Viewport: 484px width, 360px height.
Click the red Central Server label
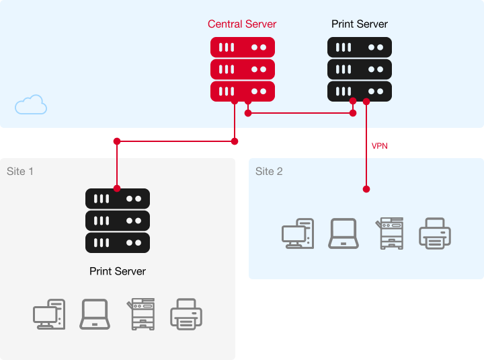point(242,24)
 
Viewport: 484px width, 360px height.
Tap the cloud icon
point(31,105)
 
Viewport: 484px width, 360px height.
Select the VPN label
point(380,145)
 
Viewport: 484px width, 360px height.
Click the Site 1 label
point(20,172)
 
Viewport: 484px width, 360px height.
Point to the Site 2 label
point(269,172)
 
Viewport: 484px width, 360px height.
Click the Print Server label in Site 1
point(118,271)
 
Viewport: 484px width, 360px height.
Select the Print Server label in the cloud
point(360,24)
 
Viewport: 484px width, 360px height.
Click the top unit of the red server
point(243,47)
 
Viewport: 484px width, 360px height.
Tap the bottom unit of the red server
point(243,91)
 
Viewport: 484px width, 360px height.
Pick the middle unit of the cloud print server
point(360,69)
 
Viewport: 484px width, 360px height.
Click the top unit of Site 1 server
point(118,199)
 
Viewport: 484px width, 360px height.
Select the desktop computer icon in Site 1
point(49,314)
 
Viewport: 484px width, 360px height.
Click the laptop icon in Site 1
point(95,314)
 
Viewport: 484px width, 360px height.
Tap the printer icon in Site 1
point(186,314)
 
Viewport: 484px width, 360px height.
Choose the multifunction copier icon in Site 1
point(141,314)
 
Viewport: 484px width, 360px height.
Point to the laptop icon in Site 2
point(344,233)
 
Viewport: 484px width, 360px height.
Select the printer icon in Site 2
point(435,233)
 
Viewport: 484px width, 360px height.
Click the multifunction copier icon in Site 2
point(390,233)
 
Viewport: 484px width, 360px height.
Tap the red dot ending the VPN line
point(366,188)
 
